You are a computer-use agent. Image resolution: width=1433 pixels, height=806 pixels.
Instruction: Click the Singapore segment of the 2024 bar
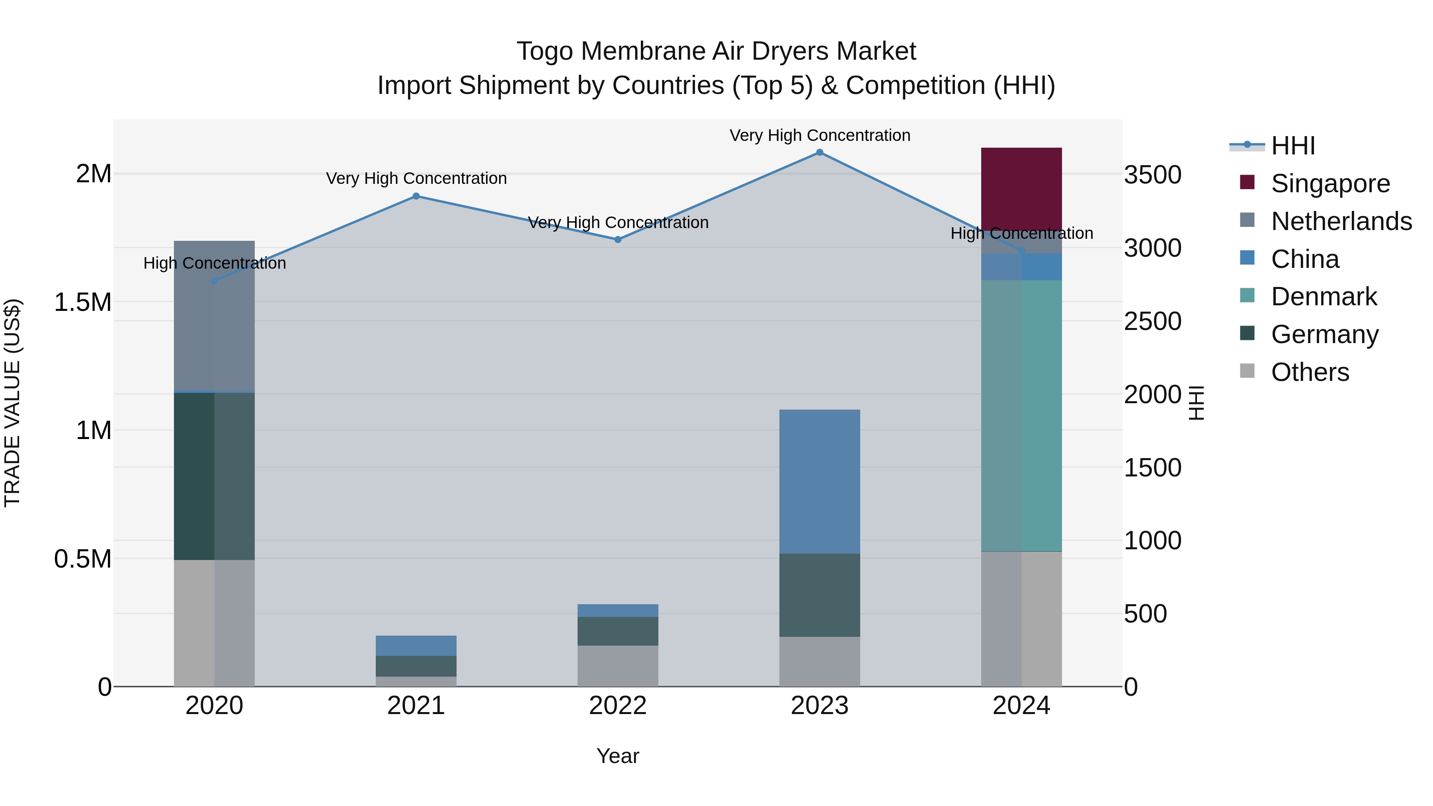point(1021,189)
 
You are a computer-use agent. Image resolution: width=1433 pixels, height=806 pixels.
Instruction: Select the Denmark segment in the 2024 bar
point(1021,416)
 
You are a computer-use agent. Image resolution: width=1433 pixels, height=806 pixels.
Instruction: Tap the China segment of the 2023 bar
point(820,481)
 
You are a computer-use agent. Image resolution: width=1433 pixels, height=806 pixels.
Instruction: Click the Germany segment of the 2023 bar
point(820,595)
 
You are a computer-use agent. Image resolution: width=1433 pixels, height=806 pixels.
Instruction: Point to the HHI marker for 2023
point(820,152)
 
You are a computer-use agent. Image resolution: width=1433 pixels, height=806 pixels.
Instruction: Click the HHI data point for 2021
point(416,196)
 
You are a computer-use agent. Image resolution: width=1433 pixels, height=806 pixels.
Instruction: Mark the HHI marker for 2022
point(617,240)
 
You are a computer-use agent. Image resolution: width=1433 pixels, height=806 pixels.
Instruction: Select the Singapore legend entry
point(1330,183)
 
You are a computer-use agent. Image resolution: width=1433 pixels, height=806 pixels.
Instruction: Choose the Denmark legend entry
point(1324,297)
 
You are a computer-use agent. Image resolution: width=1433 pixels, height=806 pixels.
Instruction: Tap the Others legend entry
point(1310,372)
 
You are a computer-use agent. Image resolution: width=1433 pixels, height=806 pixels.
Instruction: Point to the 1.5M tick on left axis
point(83,302)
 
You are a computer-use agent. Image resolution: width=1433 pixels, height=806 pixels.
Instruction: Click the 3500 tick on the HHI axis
point(1153,175)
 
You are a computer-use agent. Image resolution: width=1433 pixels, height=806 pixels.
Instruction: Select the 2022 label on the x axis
point(617,706)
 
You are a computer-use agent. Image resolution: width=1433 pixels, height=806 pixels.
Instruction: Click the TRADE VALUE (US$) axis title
point(12,403)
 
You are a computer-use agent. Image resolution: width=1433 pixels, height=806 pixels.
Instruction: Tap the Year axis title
point(617,756)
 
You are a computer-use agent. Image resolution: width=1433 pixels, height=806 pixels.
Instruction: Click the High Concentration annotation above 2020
point(215,263)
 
